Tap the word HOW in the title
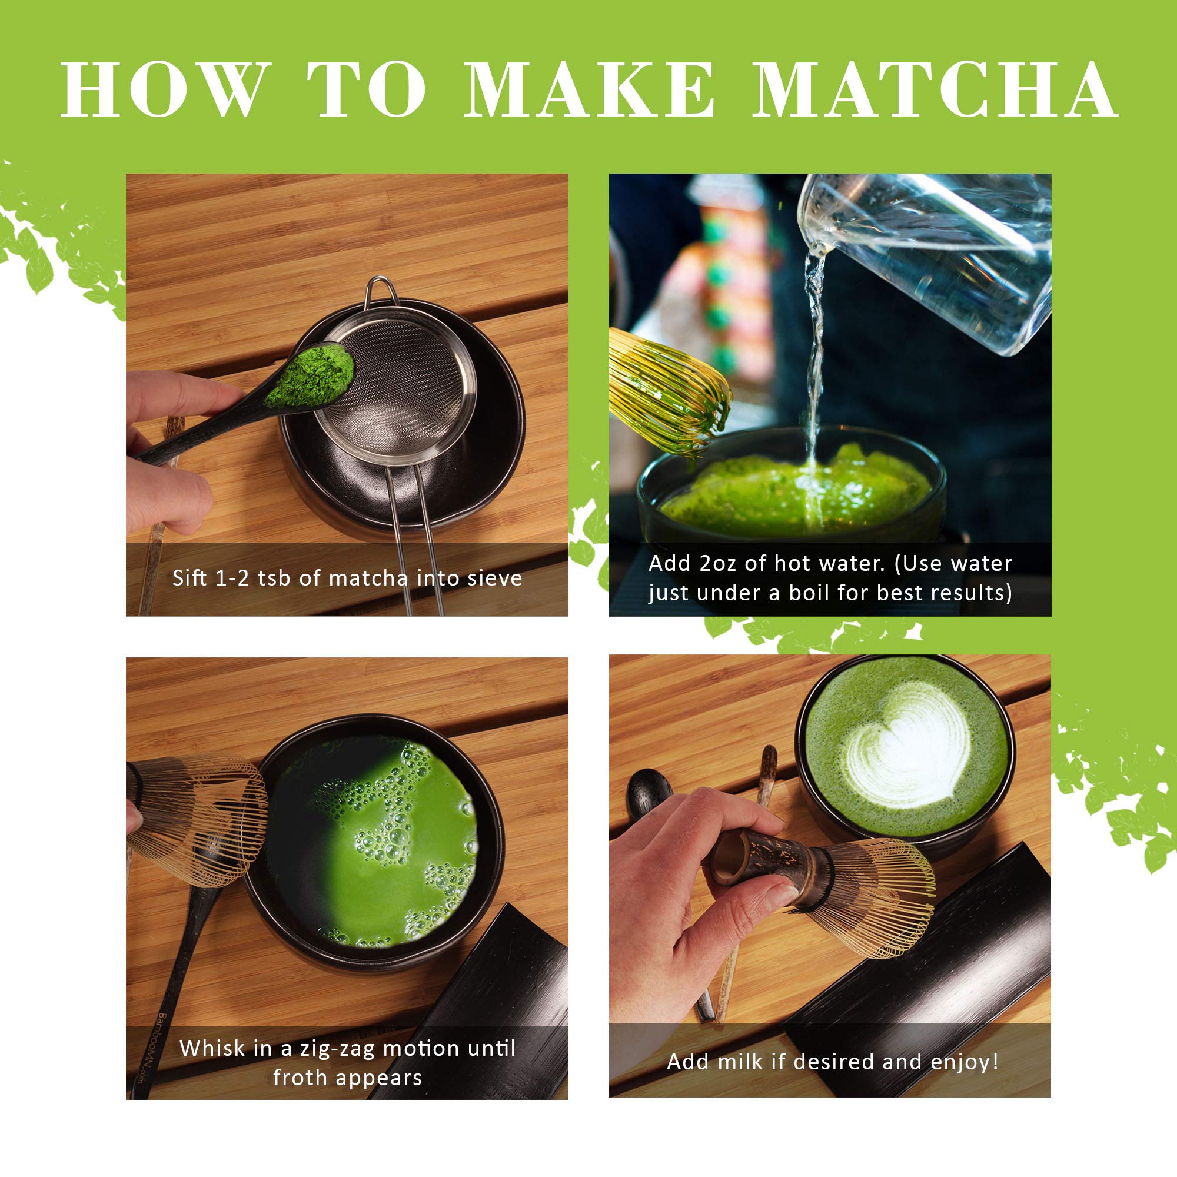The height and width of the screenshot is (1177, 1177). coord(166,89)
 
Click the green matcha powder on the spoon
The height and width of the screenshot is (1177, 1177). coord(311,376)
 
